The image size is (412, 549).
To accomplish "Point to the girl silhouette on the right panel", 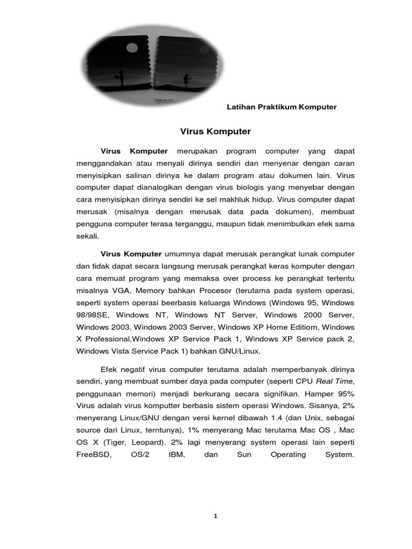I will coord(186,79).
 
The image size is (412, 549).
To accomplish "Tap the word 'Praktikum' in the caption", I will coord(276,107).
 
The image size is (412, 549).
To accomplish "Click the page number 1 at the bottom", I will coord(215,516).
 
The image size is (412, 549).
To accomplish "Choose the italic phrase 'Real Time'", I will coord(335,381).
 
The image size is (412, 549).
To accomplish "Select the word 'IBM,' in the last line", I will coord(176,454).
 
